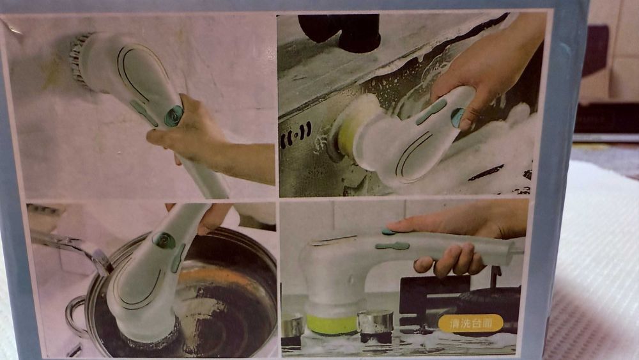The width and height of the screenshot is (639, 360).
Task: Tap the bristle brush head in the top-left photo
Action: tap(82, 58)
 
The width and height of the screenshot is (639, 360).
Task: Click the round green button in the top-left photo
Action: tap(173, 116)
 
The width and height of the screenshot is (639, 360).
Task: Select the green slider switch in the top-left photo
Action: tap(143, 112)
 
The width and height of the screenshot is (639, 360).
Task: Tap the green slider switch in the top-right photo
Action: tap(431, 111)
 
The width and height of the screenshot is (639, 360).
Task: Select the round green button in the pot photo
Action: tap(164, 240)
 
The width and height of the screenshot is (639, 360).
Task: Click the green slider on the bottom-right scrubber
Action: tap(392, 246)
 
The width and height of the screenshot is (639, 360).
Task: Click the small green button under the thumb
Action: tap(388, 231)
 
